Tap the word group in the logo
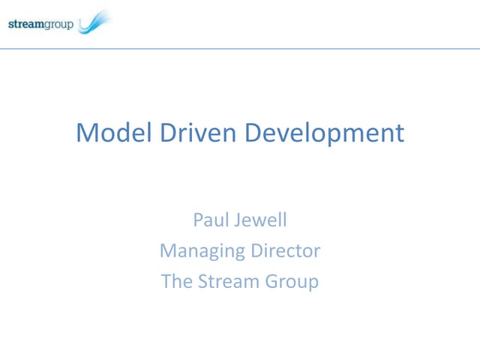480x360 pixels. tap(61, 25)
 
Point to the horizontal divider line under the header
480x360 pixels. tap(240, 49)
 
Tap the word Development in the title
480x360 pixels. tap(325, 134)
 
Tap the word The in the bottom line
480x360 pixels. tap(175, 281)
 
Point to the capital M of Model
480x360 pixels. tap(86, 133)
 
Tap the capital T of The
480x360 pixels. tap(166, 281)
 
